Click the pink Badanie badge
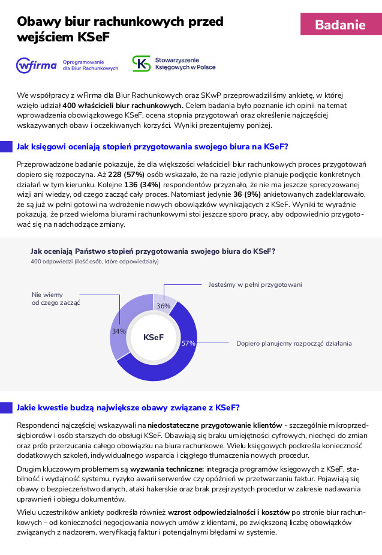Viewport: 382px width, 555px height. click(x=340, y=25)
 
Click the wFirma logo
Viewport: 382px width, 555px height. click(x=37, y=64)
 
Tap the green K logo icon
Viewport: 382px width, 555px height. click(x=142, y=64)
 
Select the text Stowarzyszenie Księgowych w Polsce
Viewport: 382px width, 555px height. click(x=185, y=64)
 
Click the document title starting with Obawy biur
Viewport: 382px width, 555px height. click(x=120, y=29)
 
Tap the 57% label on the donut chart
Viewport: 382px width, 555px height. click(x=189, y=343)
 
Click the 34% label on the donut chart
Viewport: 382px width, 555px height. click(x=119, y=331)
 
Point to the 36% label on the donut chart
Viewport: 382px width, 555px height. click(x=163, y=306)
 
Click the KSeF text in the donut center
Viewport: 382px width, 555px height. click(x=154, y=337)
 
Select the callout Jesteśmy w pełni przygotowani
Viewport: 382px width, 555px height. click(x=255, y=284)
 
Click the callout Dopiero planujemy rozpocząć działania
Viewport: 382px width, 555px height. click(x=294, y=343)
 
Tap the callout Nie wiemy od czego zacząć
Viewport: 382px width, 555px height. click(x=56, y=298)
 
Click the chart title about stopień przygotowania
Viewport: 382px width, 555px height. click(x=153, y=251)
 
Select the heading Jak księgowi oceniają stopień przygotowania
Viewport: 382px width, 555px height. click(x=152, y=146)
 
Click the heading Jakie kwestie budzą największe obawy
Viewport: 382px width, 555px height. click(x=128, y=407)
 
